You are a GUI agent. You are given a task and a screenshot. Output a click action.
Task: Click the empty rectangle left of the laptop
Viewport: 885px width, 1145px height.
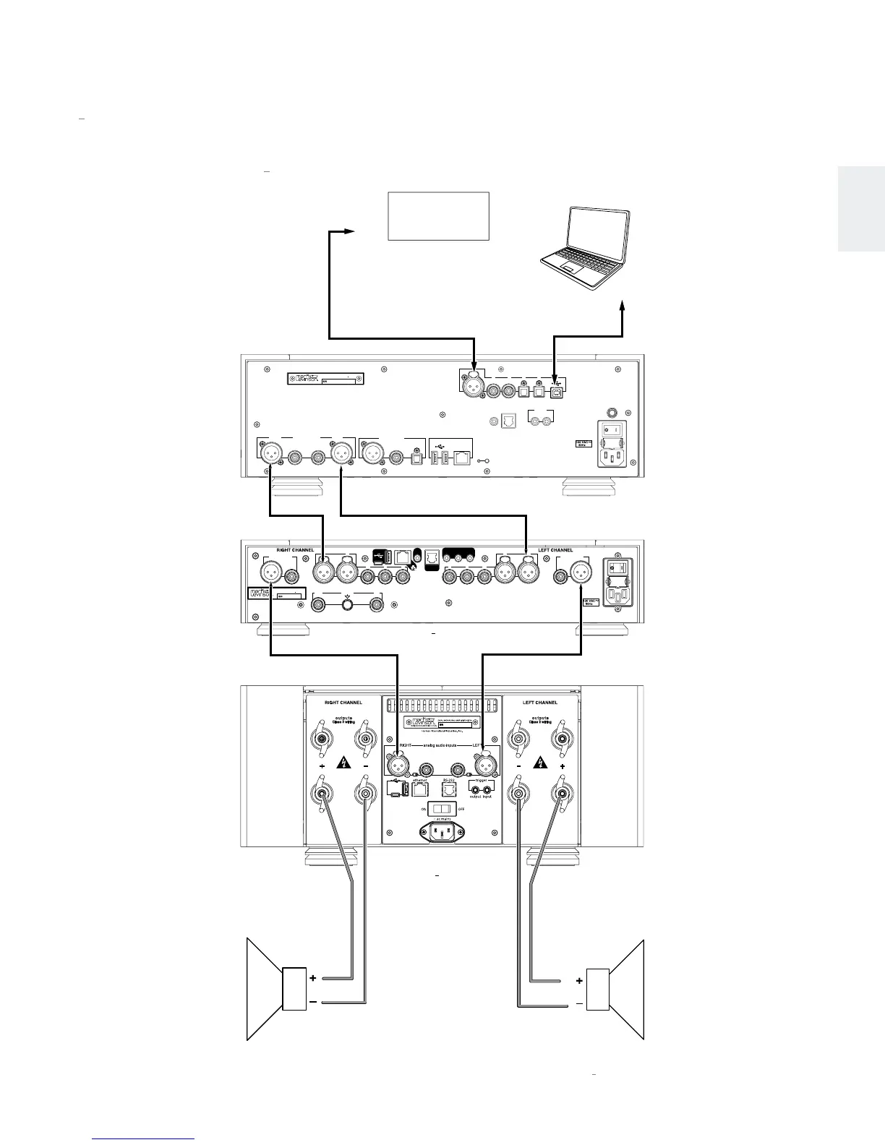[x=439, y=216]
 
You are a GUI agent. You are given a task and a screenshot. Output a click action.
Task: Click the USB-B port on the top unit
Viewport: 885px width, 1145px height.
[x=556, y=391]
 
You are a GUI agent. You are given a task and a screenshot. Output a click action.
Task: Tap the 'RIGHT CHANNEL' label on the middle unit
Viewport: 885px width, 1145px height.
[x=295, y=550]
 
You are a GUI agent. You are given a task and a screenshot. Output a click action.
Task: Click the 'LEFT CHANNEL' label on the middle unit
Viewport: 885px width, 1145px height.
[x=555, y=550]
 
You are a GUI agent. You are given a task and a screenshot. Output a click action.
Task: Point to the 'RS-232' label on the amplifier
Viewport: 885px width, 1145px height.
[x=449, y=781]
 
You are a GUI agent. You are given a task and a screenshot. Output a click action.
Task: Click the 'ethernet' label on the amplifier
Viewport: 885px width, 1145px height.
[x=420, y=781]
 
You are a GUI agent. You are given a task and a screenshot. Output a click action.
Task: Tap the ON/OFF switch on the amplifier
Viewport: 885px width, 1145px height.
[x=440, y=809]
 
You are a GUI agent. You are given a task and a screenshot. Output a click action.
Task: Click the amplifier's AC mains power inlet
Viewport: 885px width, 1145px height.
[x=441, y=833]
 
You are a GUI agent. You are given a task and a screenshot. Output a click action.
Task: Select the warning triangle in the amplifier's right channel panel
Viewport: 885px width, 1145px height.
[x=342, y=763]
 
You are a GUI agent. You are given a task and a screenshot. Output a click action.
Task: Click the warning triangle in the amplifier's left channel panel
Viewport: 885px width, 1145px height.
[x=539, y=763]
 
